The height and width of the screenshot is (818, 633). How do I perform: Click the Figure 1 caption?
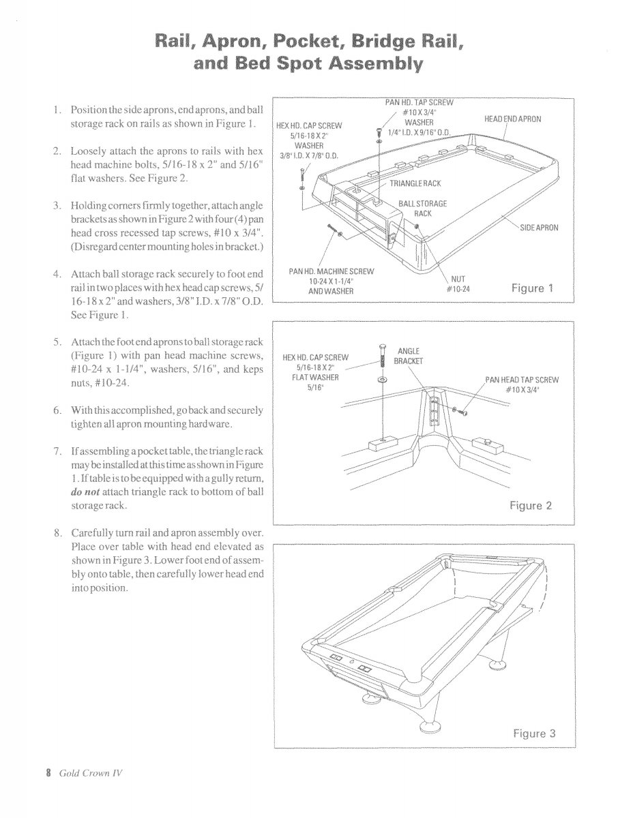tap(532, 288)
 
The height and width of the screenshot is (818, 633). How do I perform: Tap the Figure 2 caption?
tap(531, 505)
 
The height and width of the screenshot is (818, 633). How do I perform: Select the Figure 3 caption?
tap(534, 733)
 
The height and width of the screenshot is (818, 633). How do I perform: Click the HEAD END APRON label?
tap(512, 119)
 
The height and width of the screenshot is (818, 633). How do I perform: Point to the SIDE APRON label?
tap(539, 228)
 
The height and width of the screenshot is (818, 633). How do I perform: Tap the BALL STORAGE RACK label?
tap(423, 209)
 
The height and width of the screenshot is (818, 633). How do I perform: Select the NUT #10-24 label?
tap(456, 284)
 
